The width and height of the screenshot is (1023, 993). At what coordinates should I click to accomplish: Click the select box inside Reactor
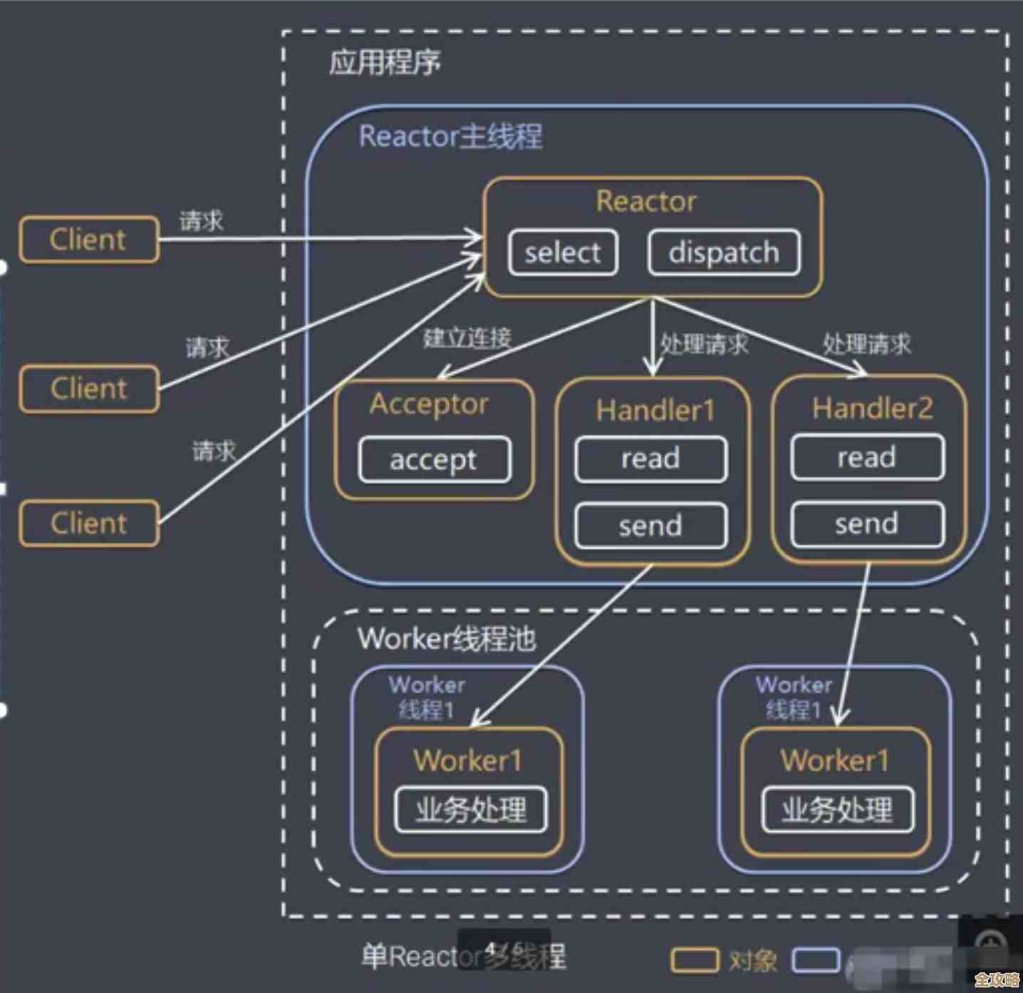tap(563, 252)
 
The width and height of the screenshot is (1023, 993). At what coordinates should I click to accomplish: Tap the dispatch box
tap(723, 252)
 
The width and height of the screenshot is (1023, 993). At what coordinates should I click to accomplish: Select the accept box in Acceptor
tap(434, 459)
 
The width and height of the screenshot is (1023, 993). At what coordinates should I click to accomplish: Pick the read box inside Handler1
tap(650, 459)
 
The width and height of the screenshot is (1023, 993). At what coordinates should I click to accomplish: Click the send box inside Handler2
tap(867, 524)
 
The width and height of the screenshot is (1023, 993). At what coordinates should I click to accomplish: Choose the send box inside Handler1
tap(650, 526)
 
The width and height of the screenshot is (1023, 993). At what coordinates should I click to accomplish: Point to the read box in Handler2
tap(867, 457)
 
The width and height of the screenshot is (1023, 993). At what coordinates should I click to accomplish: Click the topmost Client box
tap(88, 239)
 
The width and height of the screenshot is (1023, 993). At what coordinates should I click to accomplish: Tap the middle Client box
tap(88, 389)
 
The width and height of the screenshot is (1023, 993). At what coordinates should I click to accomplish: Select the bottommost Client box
tap(88, 524)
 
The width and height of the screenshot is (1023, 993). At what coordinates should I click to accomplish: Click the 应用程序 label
tap(385, 63)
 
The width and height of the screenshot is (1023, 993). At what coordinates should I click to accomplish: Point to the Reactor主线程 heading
tap(450, 136)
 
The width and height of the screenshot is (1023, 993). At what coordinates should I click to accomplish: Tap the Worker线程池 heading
tap(447, 638)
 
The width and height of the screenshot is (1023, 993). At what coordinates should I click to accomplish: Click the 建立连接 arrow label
tap(467, 338)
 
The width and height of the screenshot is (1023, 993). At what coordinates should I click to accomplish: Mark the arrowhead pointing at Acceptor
tap(443, 375)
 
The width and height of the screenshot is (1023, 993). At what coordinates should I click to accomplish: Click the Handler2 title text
tap(872, 408)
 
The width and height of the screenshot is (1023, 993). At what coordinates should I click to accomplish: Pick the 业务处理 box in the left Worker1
tap(471, 809)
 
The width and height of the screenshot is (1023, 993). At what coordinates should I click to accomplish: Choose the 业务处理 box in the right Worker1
tap(837, 809)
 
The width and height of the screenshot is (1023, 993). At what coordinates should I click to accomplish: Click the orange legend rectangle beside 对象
tap(694, 960)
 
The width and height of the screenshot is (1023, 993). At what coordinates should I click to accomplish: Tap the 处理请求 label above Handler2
tap(866, 345)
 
